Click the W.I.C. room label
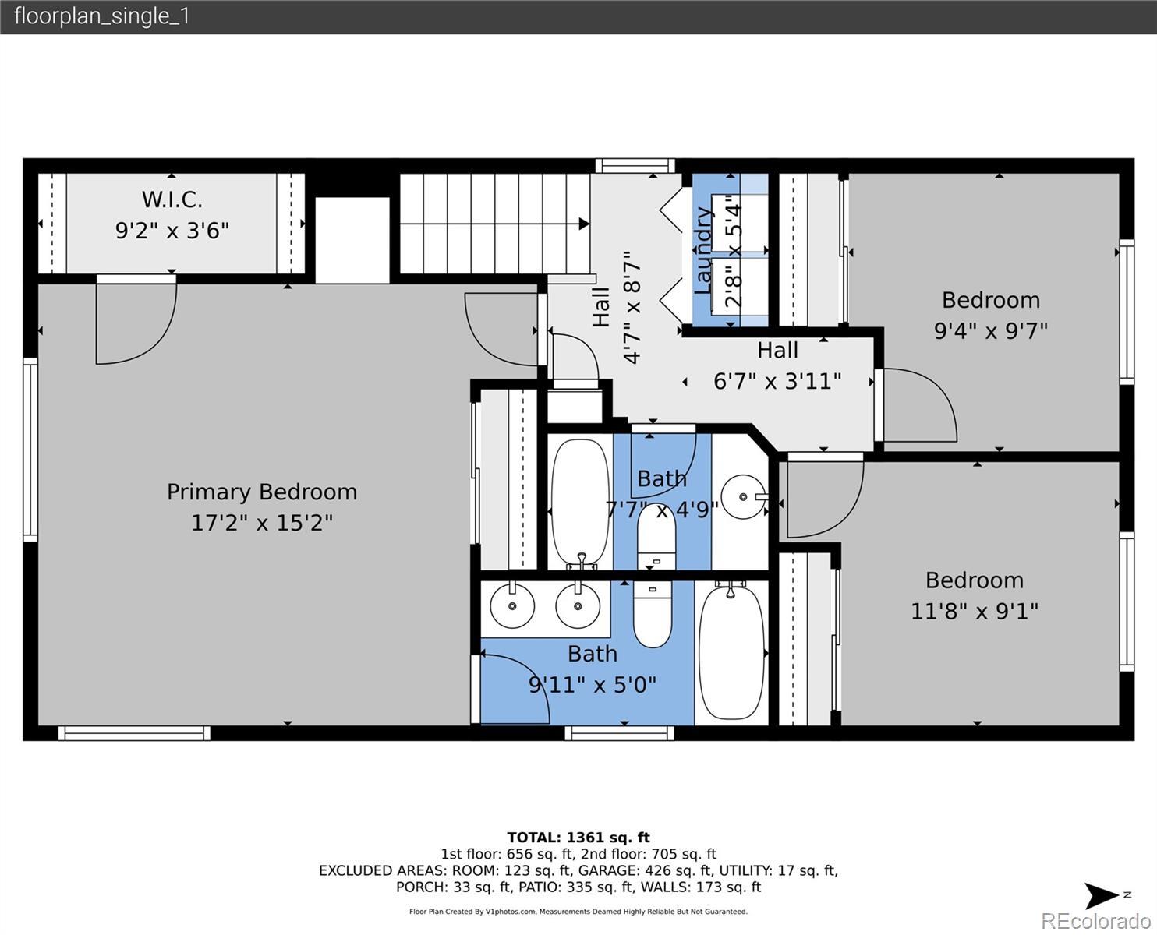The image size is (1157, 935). coord(172,199)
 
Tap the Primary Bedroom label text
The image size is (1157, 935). coord(262,492)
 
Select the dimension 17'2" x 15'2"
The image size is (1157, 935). coord(262,523)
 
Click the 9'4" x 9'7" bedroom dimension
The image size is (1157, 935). coord(991,330)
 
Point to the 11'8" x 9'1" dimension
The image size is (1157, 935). coord(975,612)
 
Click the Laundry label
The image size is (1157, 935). coord(703,250)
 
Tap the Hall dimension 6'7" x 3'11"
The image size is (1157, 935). coord(777,382)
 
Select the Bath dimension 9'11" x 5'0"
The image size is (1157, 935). coord(593,685)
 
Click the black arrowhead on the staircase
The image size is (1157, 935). coord(584,224)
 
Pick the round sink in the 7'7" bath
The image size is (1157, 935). coord(743,496)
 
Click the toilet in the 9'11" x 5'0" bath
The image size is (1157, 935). coord(653,614)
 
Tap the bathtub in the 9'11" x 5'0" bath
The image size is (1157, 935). coord(731,653)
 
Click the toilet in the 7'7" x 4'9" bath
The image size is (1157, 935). coord(656,537)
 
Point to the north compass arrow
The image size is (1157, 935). coord(1102,895)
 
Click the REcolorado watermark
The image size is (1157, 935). coord(1095,920)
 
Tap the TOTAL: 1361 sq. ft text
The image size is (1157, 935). coord(578,838)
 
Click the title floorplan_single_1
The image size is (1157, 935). coord(102,16)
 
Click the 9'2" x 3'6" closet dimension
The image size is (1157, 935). coord(172,231)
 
